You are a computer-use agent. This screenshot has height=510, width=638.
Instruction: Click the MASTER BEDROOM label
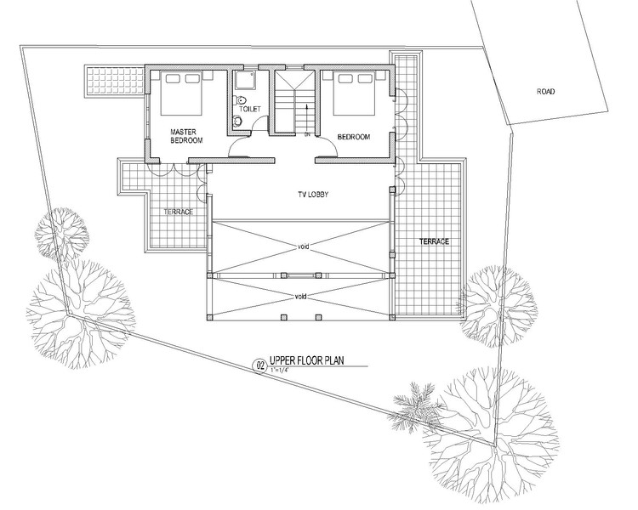(x=185, y=136)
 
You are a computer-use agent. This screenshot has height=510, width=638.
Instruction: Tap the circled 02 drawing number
(x=258, y=365)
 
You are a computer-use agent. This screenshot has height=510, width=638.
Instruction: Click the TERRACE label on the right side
(x=433, y=241)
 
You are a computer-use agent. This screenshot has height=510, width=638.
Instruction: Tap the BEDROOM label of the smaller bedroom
(x=353, y=136)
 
